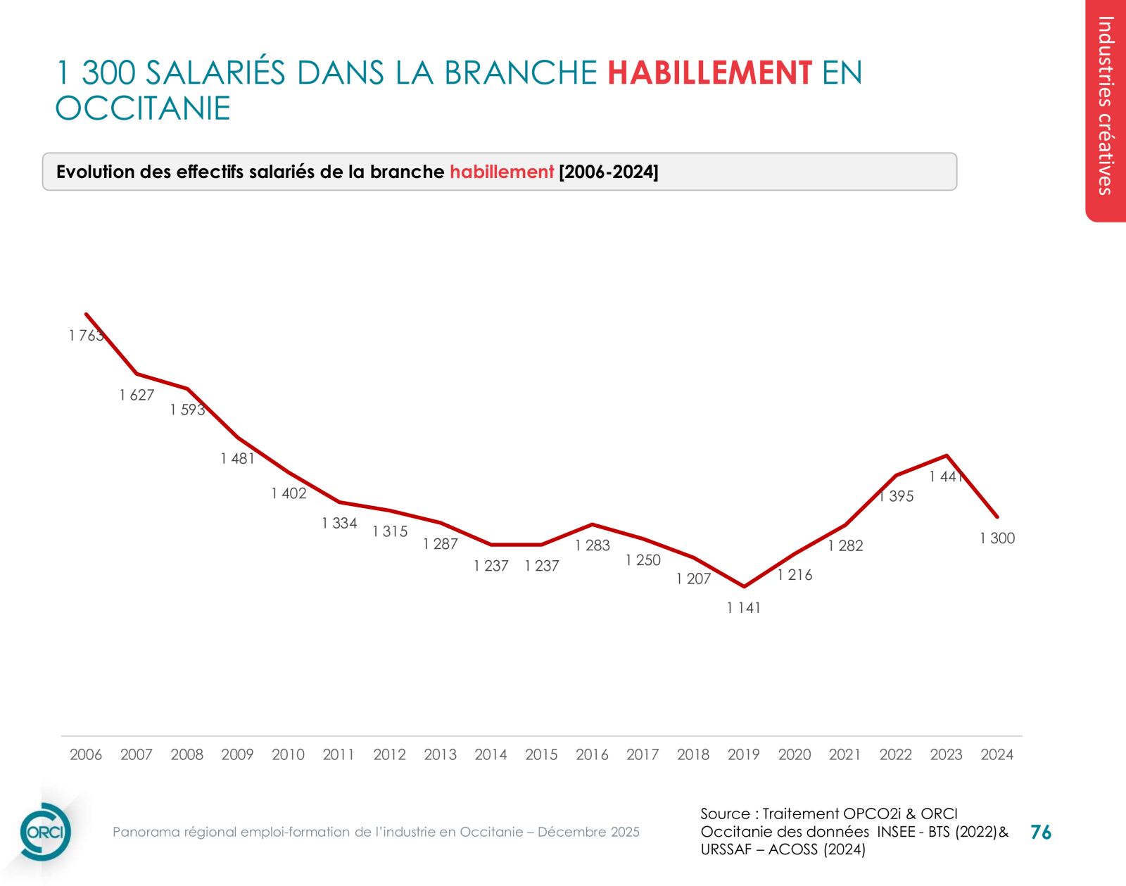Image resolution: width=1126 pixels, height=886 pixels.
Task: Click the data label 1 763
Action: pos(87,336)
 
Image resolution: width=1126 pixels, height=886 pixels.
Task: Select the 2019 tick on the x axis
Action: pos(743,754)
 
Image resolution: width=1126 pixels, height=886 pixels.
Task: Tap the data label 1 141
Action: pos(744,608)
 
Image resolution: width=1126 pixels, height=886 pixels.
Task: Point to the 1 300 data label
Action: pos(997,538)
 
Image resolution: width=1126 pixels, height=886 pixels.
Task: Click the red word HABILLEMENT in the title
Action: pos(709,73)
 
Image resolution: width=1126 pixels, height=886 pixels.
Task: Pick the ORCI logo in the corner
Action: pos(45,832)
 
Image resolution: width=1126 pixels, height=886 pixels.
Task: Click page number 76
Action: pos(1040,833)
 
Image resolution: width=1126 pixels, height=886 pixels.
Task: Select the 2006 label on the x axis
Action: pos(86,754)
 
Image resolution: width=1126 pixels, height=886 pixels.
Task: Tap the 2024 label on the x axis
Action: pos(997,754)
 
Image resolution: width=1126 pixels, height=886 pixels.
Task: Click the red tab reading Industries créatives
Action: pos(1106,106)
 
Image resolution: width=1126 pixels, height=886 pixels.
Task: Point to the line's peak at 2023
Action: pos(947,455)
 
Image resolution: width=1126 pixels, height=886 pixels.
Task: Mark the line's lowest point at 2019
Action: pos(744,586)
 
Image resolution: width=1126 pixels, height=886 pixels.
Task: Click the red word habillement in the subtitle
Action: pos(502,172)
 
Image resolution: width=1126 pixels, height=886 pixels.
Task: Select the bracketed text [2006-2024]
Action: pos(608,172)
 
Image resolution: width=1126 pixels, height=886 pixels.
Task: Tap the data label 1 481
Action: pos(238,459)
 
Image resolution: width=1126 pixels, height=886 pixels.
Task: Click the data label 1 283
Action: pos(593,545)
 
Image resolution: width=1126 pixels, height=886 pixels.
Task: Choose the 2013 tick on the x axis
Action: pos(440,754)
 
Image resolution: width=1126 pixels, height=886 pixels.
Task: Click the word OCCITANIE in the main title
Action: pos(143,108)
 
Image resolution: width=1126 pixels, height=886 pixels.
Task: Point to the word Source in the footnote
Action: pos(725,814)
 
